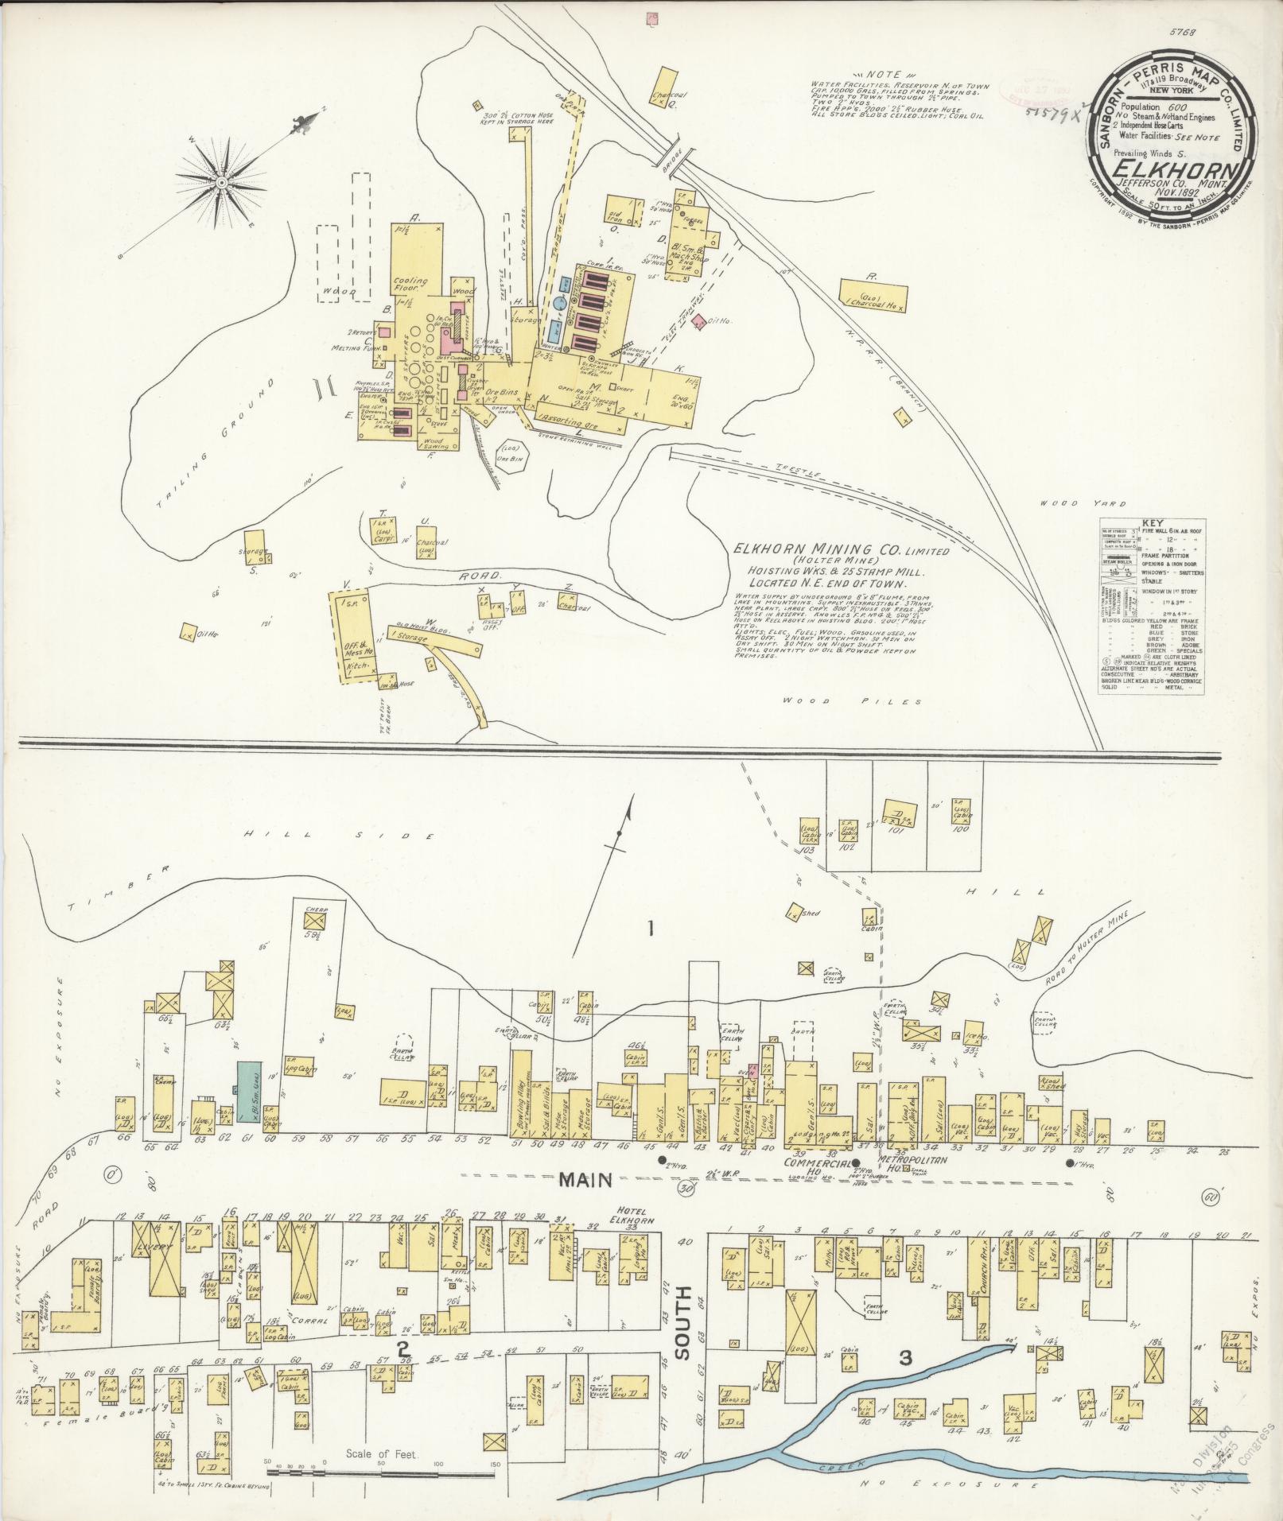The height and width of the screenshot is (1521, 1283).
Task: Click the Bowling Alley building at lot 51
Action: pos(521,1096)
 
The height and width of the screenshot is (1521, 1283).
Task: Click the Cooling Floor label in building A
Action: pos(410,285)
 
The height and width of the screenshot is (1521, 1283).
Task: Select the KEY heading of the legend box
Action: pos(1151,523)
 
